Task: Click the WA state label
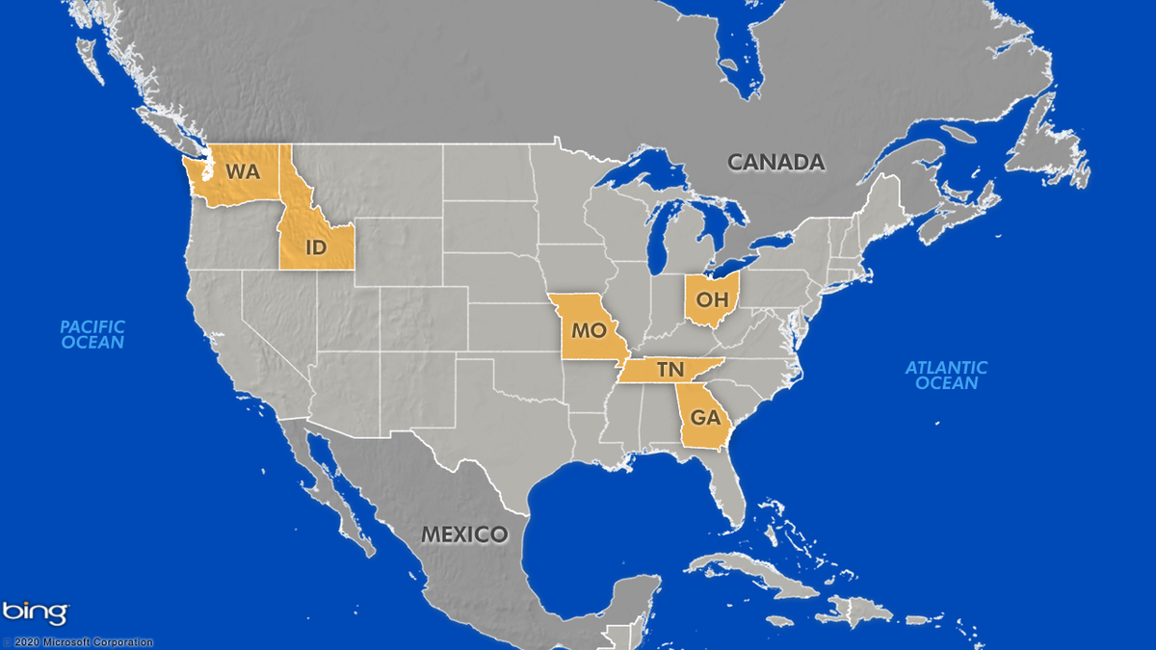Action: point(243,172)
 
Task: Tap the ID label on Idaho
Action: point(315,247)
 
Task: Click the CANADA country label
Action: point(775,162)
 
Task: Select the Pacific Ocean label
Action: point(92,334)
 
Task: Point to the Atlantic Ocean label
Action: point(946,375)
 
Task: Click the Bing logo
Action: point(36,612)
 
